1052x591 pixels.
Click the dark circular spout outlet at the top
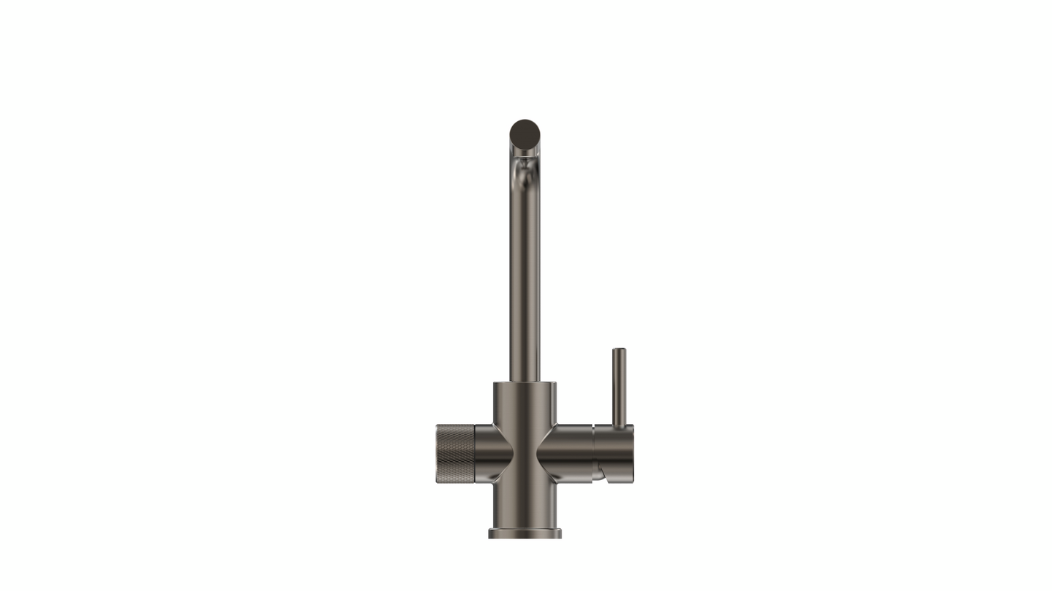[525, 134]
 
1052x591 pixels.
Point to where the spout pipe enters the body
[525, 381]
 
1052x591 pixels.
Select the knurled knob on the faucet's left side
[455, 453]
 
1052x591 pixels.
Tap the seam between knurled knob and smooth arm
[474, 453]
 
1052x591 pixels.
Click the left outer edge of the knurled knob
[437, 453]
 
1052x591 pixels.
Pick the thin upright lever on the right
[619, 387]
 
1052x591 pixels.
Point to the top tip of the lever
[619, 350]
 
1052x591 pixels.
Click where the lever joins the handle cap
[619, 425]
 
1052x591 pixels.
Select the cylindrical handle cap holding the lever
[614, 449]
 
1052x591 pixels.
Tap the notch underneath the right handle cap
[600, 474]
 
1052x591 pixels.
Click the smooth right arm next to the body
[570, 453]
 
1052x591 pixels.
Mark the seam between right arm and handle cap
[593, 453]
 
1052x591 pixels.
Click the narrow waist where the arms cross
[525, 453]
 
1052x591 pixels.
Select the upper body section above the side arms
[525, 403]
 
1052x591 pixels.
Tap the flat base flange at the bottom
[525, 533]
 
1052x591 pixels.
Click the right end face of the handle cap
[632, 453]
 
